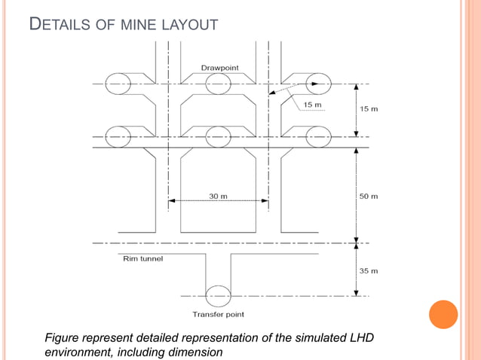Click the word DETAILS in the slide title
(x=60, y=26)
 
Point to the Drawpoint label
(x=219, y=68)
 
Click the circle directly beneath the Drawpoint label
(x=218, y=84)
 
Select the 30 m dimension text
(x=218, y=197)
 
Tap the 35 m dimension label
(x=369, y=270)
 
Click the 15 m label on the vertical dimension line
(x=369, y=109)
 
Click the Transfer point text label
(x=219, y=314)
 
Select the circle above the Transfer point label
(x=218, y=295)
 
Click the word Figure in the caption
(x=64, y=336)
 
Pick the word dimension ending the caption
(x=194, y=351)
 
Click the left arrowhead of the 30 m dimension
(x=171, y=200)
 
